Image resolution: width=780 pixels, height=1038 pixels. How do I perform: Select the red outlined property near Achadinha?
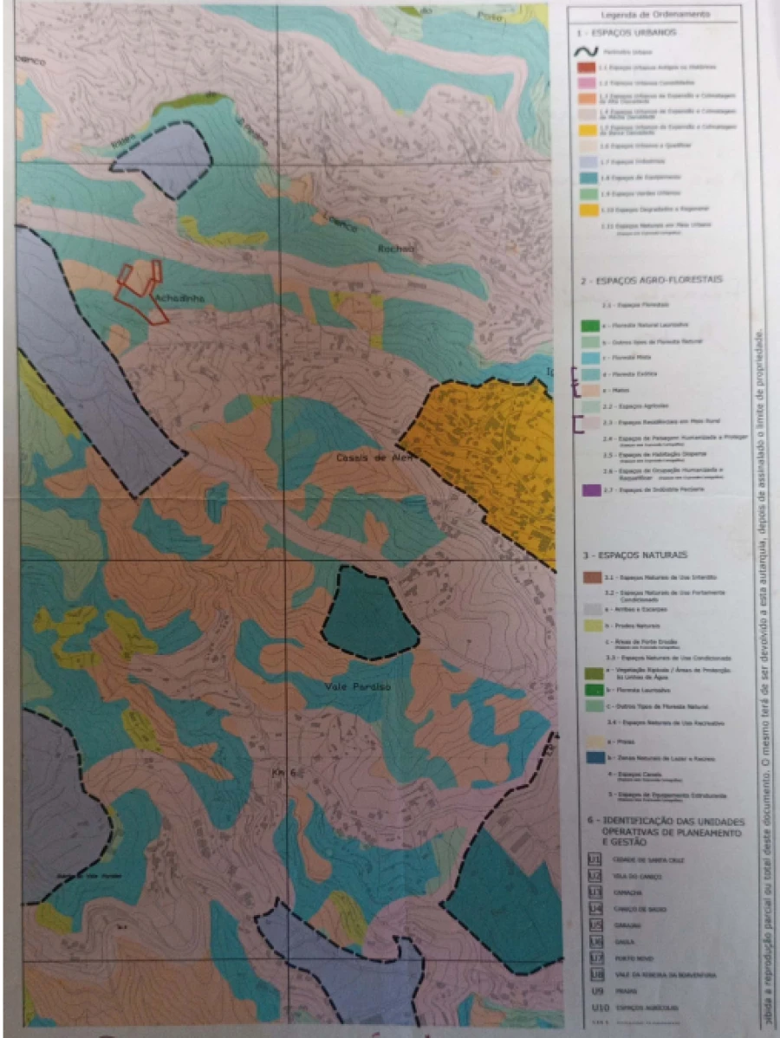(x=141, y=291)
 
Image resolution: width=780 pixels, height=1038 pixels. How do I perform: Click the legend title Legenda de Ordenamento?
(x=655, y=15)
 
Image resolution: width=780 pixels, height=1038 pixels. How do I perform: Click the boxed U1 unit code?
(x=595, y=859)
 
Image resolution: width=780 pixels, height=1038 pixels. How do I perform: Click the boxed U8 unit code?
(x=595, y=974)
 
